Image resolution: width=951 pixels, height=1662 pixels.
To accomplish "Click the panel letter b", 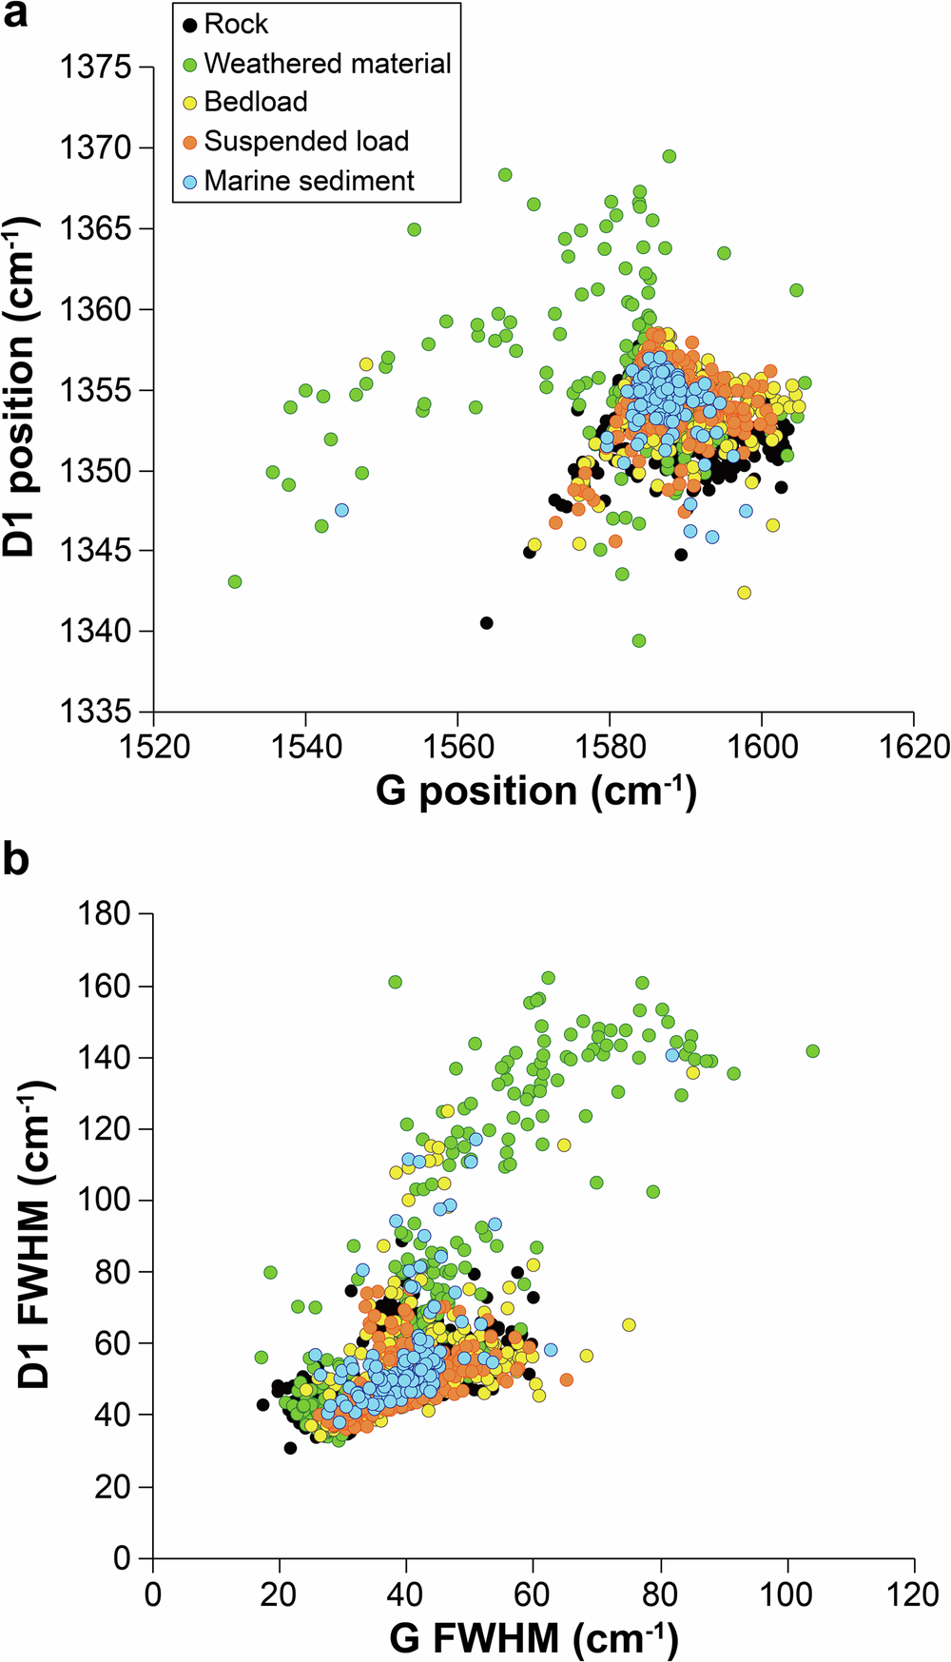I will tap(16, 859).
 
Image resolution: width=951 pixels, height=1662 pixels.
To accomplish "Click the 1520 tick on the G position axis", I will tap(153, 746).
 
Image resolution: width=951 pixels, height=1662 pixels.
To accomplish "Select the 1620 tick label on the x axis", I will tap(914, 746).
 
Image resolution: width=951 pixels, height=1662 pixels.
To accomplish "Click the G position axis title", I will tap(535, 792).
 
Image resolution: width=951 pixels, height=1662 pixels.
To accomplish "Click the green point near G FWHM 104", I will tap(812, 1051).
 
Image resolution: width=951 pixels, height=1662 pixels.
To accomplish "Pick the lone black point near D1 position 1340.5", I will tap(486, 623).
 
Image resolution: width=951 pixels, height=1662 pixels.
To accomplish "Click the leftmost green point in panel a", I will tap(235, 581).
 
